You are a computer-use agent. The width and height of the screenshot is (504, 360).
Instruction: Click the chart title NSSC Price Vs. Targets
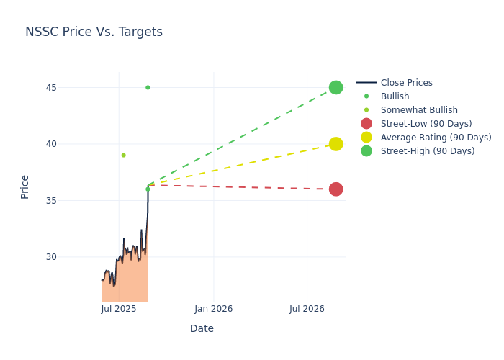94,32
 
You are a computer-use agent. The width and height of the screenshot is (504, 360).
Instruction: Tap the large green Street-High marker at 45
336,87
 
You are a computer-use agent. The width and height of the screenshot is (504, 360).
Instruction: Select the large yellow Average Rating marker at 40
336,144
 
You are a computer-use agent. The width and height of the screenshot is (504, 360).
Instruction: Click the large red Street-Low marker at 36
336,189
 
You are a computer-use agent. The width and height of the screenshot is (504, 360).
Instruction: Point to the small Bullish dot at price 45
148,88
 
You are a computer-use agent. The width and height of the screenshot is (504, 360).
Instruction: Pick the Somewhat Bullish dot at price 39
123,155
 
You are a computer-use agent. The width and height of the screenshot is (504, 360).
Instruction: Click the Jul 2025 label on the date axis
119,310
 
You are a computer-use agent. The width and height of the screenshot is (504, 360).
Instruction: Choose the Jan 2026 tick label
213,310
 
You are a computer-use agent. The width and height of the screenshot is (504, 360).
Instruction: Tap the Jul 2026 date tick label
307,310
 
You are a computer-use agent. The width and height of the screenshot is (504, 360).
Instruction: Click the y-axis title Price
25,186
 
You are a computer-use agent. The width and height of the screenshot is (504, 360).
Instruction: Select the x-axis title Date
202,329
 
